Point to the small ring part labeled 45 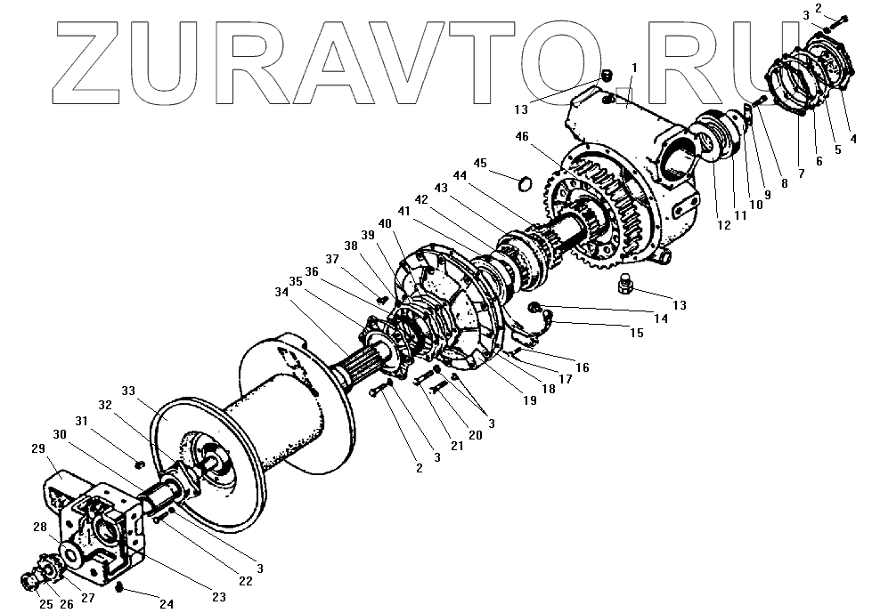pyautogui.click(x=526, y=184)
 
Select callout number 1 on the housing pyautogui.click(x=633, y=68)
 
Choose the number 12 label pyautogui.click(x=723, y=226)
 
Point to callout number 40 pyautogui.click(x=385, y=222)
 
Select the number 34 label pyautogui.click(x=281, y=292)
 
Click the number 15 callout pyautogui.click(x=636, y=333)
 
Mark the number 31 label pyautogui.click(x=81, y=421)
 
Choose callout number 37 pyautogui.click(x=333, y=259)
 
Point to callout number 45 pyautogui.click(x=482, y=163)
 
